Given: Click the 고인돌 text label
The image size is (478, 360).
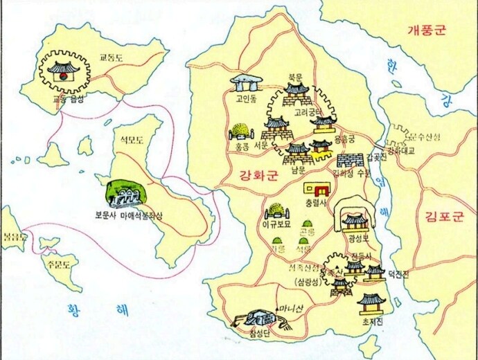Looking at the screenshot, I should [x=246, y=98].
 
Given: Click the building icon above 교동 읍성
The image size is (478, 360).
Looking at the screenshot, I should [x=64, y=69].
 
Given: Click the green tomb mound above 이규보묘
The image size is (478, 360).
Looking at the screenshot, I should [x=275, y=210].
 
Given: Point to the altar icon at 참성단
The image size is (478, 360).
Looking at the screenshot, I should [x=256, y=319].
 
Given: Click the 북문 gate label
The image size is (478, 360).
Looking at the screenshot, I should [x=296, y=78].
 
